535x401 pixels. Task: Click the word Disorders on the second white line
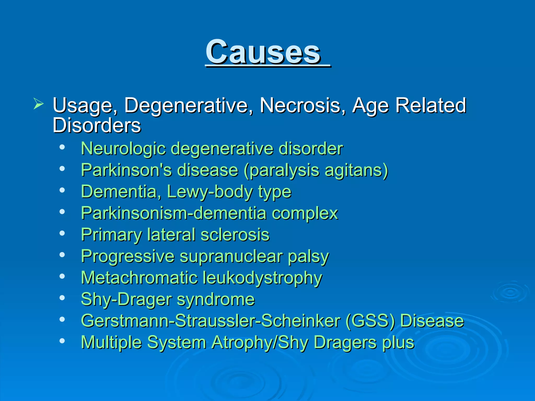(x=97, y=125)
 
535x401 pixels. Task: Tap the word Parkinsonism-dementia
(x=174, y=213)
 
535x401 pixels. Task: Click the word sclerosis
(x=235, y=235)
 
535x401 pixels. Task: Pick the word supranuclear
(x=231, y=256)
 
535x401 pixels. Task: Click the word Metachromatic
(x=139, y=278)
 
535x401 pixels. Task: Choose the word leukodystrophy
(x=262, y=278)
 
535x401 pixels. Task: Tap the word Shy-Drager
(x=126, y=299)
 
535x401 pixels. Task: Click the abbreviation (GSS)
(x=370, y=321)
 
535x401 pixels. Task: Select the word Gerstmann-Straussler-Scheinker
(x=211, y=321)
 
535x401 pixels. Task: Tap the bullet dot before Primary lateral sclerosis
(x=62, y=233)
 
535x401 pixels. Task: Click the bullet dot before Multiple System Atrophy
(x=62, y=341)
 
